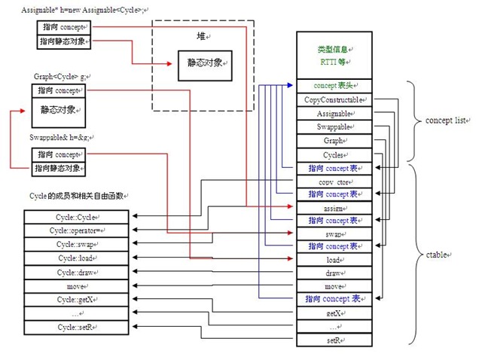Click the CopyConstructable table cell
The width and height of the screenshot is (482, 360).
click(x=334, y=99)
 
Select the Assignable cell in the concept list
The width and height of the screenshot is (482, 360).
click(x=334, y=113)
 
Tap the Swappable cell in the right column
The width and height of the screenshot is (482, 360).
click(x=334, y=127)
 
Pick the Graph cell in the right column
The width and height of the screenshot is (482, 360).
click(x=334, y=140)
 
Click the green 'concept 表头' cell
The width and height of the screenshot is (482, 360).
click(x=334, y=86)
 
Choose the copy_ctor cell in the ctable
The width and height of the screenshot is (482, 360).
click(x=334, y=182)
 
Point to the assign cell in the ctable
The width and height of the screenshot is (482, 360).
click(x=334, y=207)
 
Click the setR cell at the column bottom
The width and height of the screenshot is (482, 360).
click(x=334, y=340)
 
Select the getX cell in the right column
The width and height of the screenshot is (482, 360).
click(x=334, y=313)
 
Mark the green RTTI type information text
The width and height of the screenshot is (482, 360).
click(x=334, y=54)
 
